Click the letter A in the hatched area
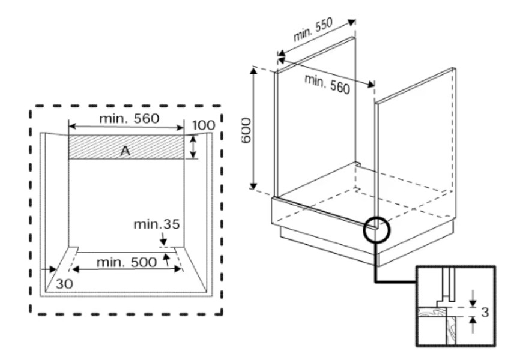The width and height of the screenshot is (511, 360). pos(125,151)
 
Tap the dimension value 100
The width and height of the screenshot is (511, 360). pos(204,125)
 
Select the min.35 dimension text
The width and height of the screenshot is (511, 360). pos(157,224)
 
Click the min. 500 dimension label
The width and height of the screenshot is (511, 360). pos(127,262)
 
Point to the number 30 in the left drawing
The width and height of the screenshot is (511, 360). pos(64,284)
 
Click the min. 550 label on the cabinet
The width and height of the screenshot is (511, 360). pos(313,29)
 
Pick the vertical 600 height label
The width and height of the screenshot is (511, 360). pos(246,130)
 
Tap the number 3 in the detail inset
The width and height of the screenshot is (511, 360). pos(485,313)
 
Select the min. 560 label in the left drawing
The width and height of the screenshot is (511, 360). pos(129,118)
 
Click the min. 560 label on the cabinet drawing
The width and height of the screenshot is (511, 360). pos(327,83)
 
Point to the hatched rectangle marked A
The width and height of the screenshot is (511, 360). pos(126,147)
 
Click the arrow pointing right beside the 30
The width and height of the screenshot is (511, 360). pos(48,269)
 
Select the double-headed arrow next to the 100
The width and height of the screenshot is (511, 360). pos(193,147)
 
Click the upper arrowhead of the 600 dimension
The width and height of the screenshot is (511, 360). pos(253,70)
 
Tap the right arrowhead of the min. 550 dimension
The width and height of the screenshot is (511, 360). pos(351,22)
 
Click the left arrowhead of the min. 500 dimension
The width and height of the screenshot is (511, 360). pos(76,269)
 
